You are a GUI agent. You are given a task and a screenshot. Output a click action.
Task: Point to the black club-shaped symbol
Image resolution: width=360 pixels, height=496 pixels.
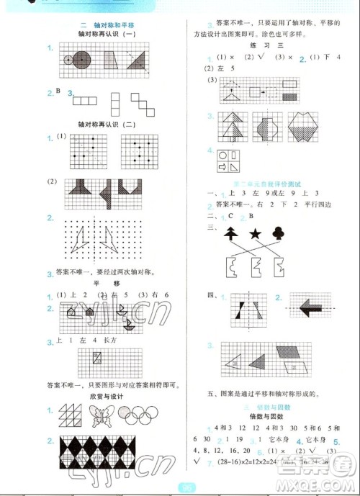[x=279, y=233]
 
